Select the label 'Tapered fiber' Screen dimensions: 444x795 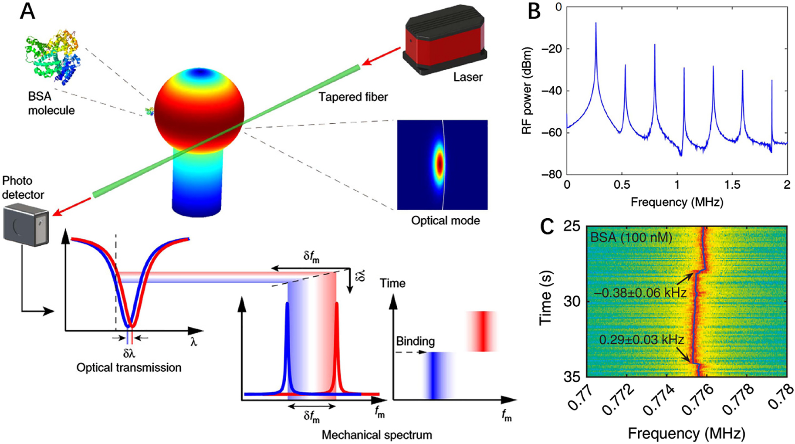tap(353, 97)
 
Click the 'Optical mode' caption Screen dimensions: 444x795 tap(445, 220)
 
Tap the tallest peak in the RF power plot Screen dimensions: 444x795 tap(595, 24)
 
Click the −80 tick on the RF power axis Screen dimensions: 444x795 tap(551, 175)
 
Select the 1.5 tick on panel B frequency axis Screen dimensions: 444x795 tap(732, 185)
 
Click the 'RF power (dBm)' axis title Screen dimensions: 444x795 tap(528, 90)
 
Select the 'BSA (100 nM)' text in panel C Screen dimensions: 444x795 tap(631, 238)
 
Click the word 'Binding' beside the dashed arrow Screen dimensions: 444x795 tap(415, 341)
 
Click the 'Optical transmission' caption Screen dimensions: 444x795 tap(129, 367)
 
